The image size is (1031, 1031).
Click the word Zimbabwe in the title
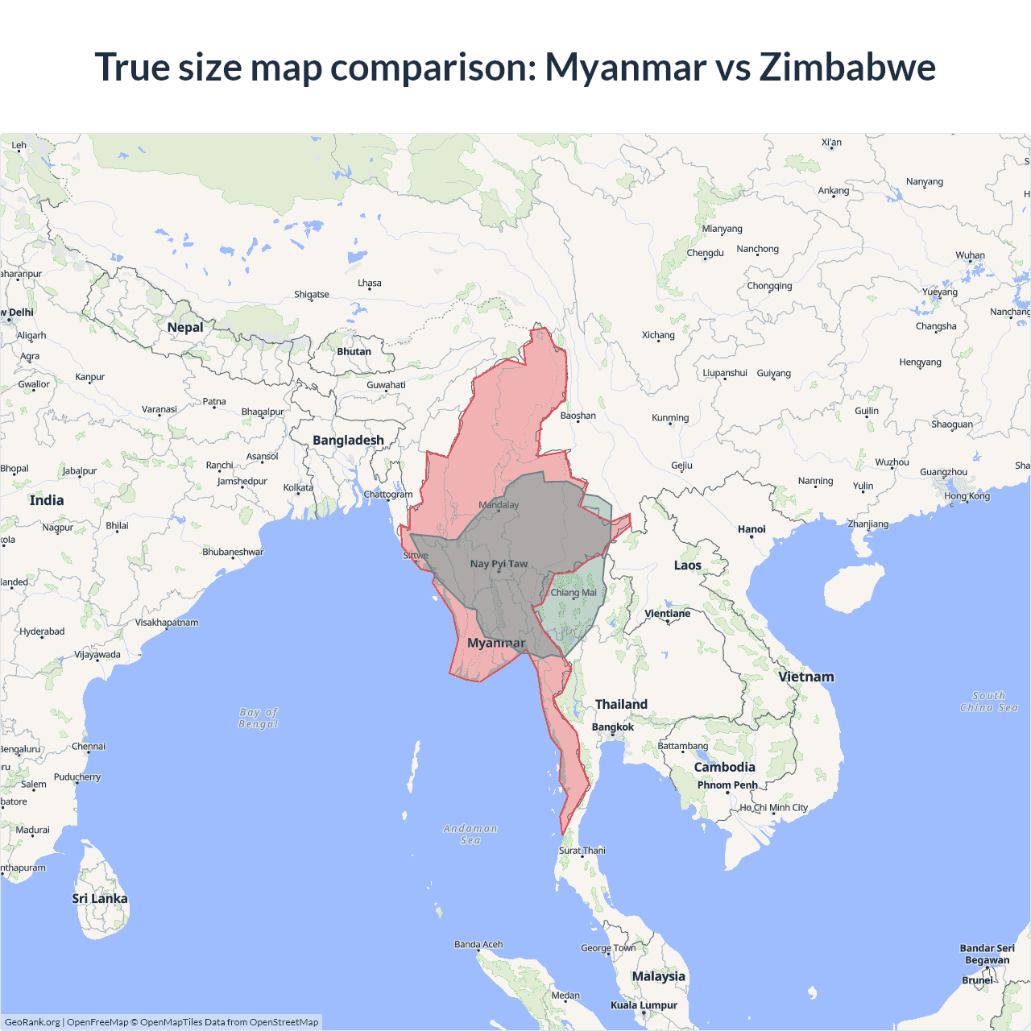coord(847,67)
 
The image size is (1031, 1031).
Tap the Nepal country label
coord(185,327)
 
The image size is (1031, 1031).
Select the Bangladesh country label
coord(348,440)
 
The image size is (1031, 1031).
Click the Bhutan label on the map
coord(354,351)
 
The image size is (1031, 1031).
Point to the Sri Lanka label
coord(100,898)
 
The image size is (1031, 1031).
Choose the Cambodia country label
coord(724,767)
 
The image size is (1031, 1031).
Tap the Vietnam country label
coord(806,677)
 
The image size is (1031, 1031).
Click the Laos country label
coord(687,565)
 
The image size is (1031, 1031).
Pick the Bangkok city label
coord(613,727)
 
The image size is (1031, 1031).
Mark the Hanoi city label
coord(752,529)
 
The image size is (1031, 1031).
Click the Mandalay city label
coord(499,505)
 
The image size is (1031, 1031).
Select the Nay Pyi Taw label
coord(499,564)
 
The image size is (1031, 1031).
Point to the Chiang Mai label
coord(573,593)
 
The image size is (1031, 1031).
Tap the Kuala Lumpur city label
coord(644,1004)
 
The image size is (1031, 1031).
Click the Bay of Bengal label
coord(259,718)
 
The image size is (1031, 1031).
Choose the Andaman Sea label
coord(470,834)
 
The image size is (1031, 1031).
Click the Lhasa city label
coord(370,284)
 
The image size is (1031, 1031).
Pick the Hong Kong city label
coord(967,495)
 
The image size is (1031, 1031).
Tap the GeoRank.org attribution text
coord(32,1022)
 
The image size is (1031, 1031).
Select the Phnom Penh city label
coord(727,785)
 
